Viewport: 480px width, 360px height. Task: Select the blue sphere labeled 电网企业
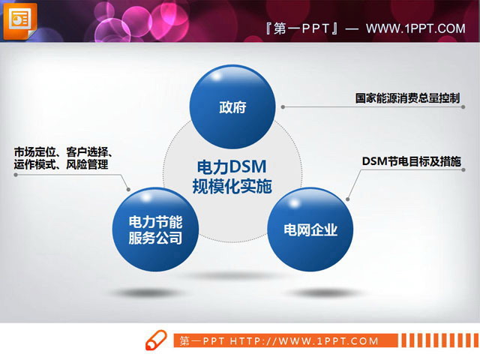[310, 229]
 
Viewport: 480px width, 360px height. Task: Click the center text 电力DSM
[232, 166]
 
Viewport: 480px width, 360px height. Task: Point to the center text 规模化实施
[232, 186]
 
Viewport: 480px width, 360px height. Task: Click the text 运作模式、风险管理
[61, 165]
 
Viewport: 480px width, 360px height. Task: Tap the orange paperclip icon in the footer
[157, 339]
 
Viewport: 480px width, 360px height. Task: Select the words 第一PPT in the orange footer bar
[202, 341]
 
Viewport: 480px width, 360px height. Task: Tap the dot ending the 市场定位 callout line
[129, 189]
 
